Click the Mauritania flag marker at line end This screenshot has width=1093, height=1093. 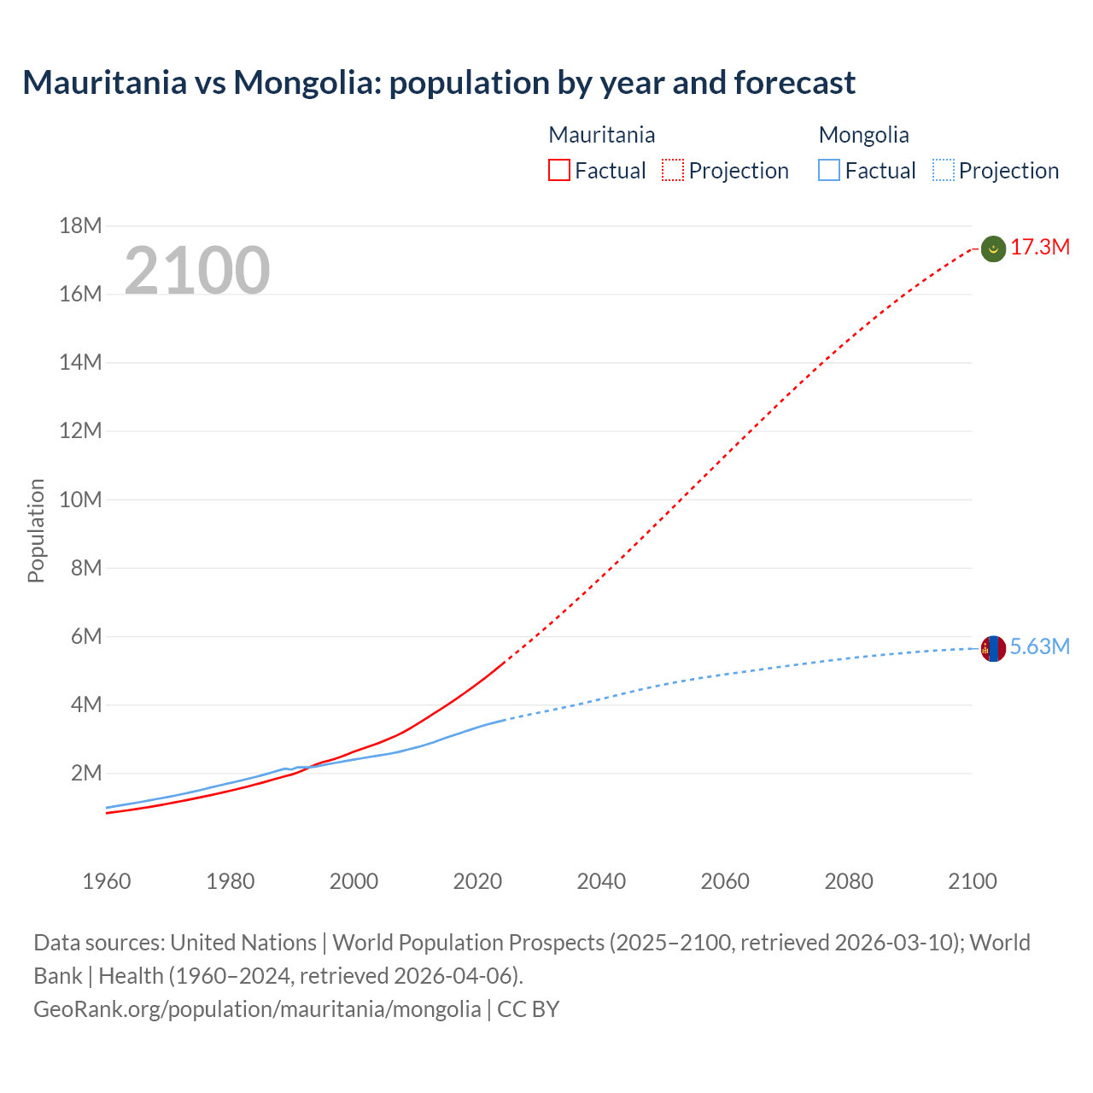pyautogui.click(x=993, y=248)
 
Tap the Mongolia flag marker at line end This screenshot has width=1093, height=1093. pyautogui.click(x=993, y=648)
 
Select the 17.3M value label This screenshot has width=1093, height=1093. pyautogui.click(x=1040, y=248)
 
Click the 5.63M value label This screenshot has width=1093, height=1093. pyautogui.click(x=1040, y=647)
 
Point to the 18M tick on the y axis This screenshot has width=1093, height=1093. pyautogui.click(x=80, y=226)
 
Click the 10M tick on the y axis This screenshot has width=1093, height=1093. pyautogui.click(x=80, y=500)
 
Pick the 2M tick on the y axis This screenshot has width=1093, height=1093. pyautogui.click(x=85, y=774)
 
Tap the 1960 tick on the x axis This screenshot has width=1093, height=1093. pyautogui.click(x=107, y=881)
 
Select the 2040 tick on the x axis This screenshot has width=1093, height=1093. pyautogui.click(x=601, y=881)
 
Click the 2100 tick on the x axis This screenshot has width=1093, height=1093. pyautogui.click(x=972, y=881)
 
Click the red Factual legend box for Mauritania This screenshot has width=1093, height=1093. pyautogui.click(x=559, y=171)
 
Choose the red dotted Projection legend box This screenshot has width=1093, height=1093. pyautogui.click(x=673, y=171)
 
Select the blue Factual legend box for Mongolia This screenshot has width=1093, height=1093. pyautogui.click(x=829, y=171)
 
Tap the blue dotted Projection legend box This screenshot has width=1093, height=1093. pyautogui.click(x=943, y=171)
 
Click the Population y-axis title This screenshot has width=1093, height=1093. pyautogui.click(x=36, y=530)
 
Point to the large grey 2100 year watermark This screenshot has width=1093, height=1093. pyautogui.click(x=197, y=271)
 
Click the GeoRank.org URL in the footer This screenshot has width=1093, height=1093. pyautogui.click(x=257, y=1009)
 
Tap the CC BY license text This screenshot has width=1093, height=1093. pyautogui.click(x=529, y=1009)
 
